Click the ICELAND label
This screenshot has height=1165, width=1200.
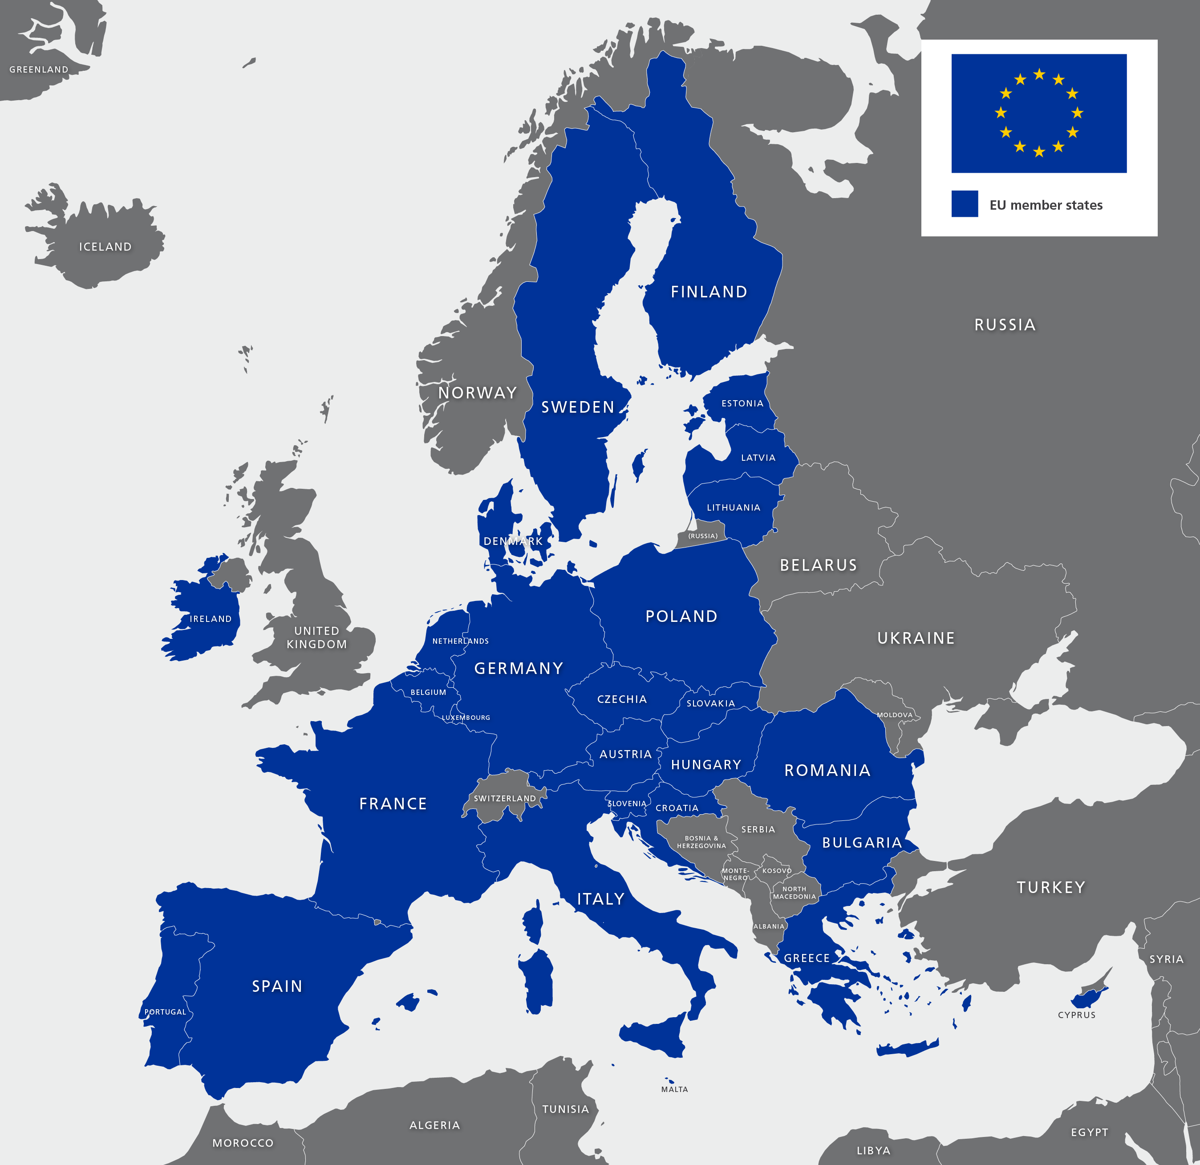(x=105, y=247)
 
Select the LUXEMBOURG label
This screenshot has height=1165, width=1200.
(x=466, y=718)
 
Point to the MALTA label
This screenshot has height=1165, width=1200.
(x=674, y=1089)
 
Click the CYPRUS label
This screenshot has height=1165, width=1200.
(x=1076, y=1015)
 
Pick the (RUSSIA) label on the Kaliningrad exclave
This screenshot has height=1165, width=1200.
(x=703, y=536)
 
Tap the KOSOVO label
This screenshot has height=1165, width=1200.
(x=777, y=871)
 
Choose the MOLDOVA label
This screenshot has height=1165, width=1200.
(x=895, y=715)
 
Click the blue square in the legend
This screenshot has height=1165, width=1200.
(x=964, y=204)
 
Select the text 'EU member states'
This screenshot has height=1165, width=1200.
(x=1046, y=205)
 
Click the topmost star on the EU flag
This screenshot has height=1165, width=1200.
(x=1039, y=74)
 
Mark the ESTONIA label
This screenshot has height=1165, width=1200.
(x=742, y=403)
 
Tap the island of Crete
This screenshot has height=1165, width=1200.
(x=908, y=1047)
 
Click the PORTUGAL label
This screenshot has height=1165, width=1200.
(x=165, y=1012)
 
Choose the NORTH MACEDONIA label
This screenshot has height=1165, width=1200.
(x=794, y=893)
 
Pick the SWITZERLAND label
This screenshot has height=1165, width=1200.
(x=504, y=798)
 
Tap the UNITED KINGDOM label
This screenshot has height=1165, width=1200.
(x=316, y=637)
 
